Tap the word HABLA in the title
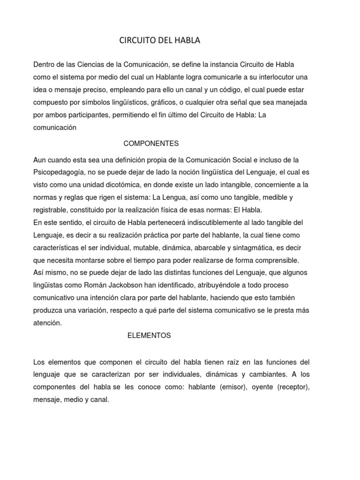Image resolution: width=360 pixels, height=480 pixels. [187, 41]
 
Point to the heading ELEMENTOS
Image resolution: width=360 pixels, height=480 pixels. [149, 335]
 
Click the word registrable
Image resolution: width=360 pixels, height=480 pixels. [52, 210]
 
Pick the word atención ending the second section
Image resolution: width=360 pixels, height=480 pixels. [47, 323]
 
